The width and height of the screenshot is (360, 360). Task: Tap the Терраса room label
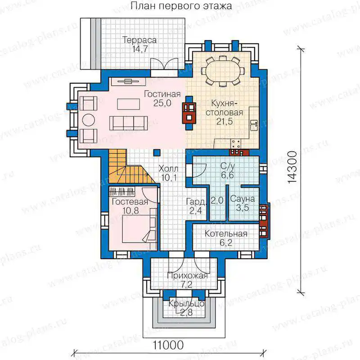click(x=139, y=40)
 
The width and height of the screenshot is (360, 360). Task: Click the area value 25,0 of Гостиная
click(x=162, y=103)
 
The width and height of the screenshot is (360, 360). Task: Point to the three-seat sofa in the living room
click(x=128, y=123)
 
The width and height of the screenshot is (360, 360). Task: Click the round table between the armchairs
click(x=88, y=120)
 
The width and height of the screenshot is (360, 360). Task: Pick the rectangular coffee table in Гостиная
click(x=128, y=104)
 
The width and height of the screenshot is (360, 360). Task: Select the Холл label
click(x=168, y=169)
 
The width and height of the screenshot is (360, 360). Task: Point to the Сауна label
click(x=243, y=198)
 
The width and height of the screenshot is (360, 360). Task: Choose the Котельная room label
click(x=226, y=234)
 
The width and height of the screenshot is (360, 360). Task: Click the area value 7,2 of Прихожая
click(x=186, y=285)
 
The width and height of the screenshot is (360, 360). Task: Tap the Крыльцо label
click(x=186, y=303)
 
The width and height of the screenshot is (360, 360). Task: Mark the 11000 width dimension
click(x=168, y=345)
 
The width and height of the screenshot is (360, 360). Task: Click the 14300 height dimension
click(x=292, y=167)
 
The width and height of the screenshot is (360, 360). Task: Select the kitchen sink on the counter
click(x=254, y=126)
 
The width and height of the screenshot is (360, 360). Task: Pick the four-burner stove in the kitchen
click(x=236, y=144)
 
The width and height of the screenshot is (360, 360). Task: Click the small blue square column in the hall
click(x=157, y=153)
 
